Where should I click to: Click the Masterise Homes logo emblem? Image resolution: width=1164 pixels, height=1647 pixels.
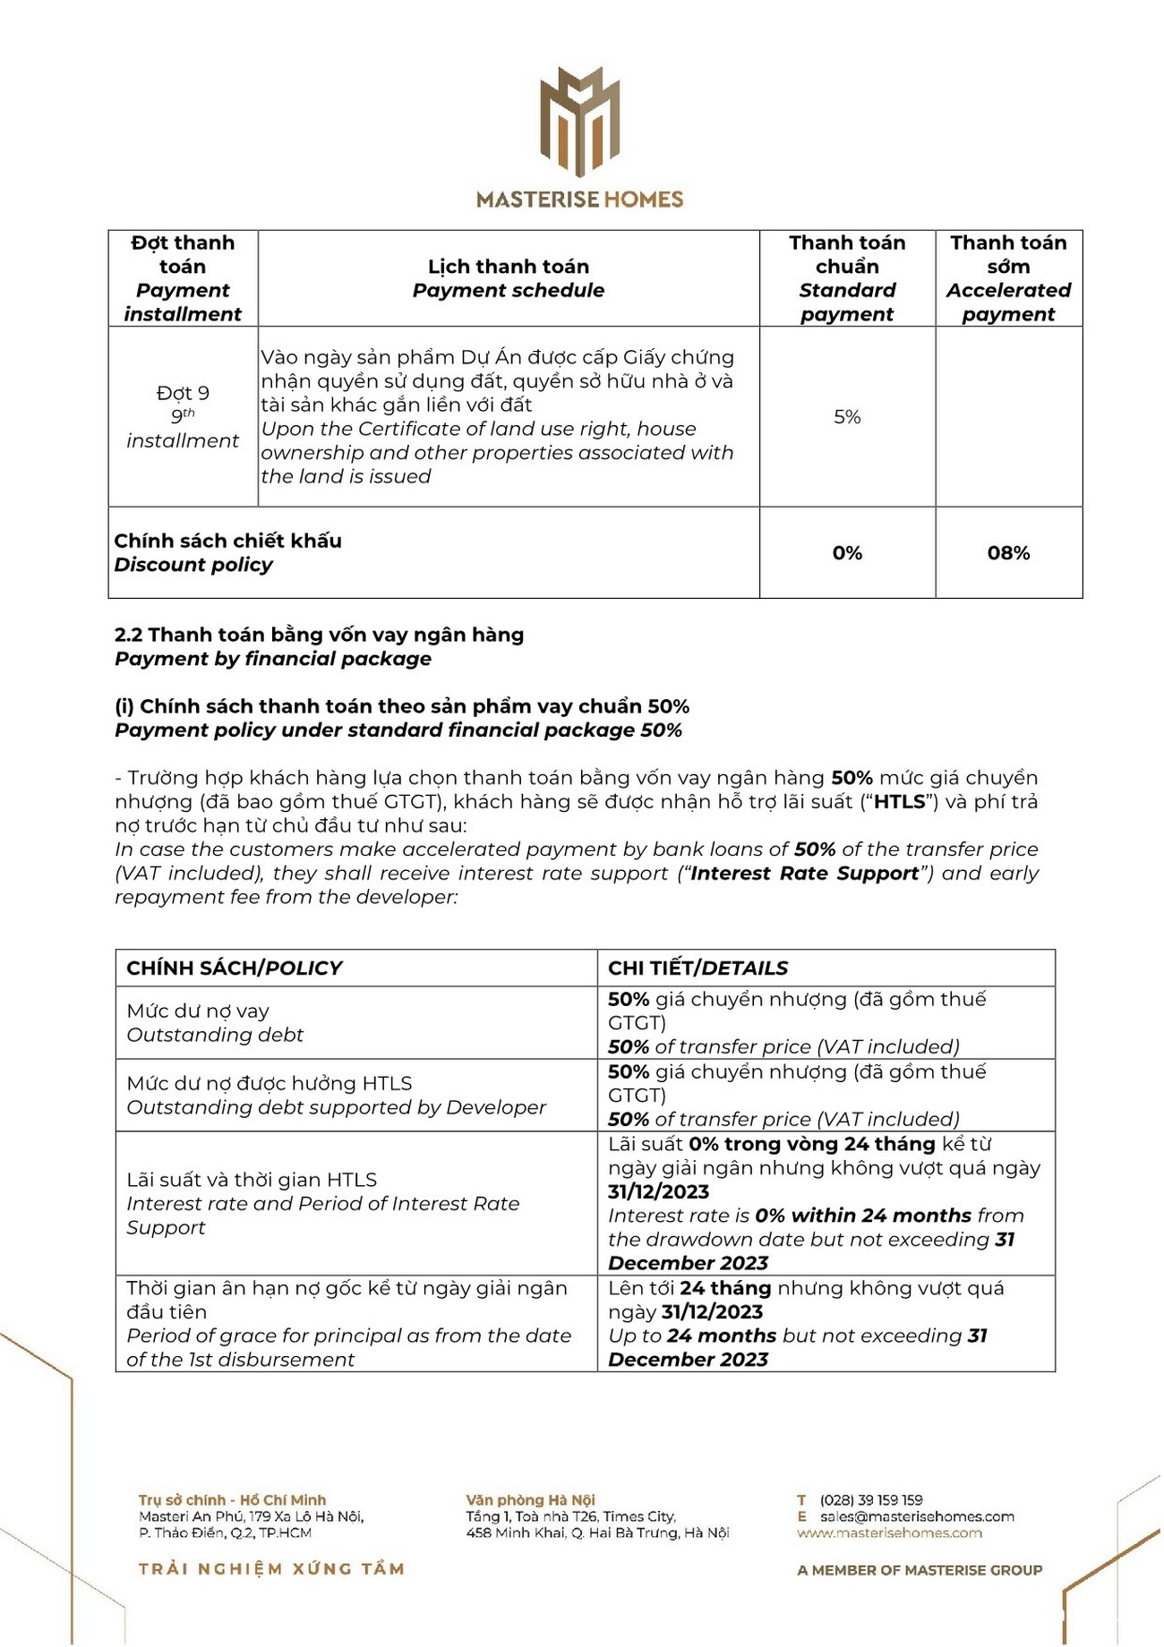(x=579, y=121)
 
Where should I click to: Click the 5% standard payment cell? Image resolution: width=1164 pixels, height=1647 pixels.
(x=846, y=417)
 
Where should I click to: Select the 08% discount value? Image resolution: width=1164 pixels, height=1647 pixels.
(x=1008, y=553)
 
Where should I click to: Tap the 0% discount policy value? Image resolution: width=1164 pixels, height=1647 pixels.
(x=846, y=553)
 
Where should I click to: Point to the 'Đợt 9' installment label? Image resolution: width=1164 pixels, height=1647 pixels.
(x=183, y=393)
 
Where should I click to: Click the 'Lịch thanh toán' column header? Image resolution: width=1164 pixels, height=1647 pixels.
(x=508, y=267)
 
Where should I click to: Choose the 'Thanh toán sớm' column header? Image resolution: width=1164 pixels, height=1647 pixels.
(x=1008, y=254)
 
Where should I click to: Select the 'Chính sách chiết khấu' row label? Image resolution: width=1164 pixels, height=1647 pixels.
(x=227, y=541)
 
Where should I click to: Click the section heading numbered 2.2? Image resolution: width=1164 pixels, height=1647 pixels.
(x=319, y=635)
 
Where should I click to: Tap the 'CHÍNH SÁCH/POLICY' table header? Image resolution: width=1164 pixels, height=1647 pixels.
(x=235, y=968)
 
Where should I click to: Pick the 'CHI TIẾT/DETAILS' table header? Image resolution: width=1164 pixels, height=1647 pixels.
(x=698, y=968)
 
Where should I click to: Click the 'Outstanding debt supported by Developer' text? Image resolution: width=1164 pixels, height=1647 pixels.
(x=336, y=1107)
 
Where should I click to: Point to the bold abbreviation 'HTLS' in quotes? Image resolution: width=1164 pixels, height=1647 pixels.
(x=899, y=802)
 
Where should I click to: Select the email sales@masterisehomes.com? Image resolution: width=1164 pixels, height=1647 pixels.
(x=917, y=1516)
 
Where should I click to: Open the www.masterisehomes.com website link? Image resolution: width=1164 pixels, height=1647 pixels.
(x=889, y=1532)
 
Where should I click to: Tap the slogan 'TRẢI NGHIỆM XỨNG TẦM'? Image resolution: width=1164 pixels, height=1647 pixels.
(x=271, y=1568)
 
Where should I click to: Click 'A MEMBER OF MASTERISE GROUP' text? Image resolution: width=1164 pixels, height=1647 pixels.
(x=920, y=1570)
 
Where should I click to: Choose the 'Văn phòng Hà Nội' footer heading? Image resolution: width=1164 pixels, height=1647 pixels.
(x=530, y=1499)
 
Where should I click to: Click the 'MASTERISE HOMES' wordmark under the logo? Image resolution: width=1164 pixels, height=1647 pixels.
(x=579, y=199)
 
